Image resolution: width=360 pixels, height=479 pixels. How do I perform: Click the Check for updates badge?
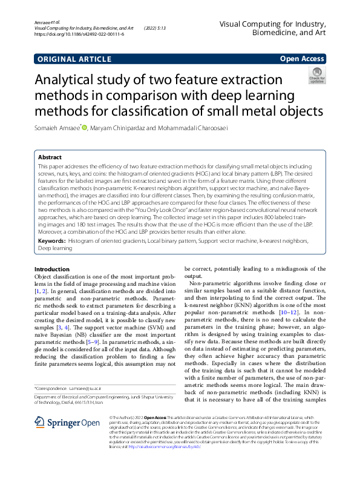[317, 76]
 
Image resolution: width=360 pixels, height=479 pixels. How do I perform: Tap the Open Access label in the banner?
[301, 59]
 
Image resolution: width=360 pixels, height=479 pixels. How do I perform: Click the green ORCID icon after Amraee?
[85, 127]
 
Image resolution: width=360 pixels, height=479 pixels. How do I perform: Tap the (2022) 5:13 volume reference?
[156, 28]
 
